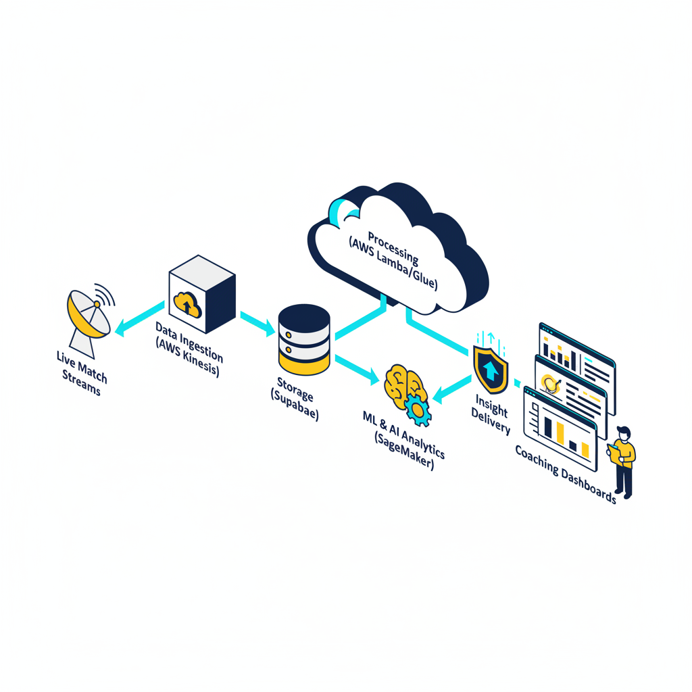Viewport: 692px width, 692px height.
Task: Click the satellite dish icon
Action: click(89, 318)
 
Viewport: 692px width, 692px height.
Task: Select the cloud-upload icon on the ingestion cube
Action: click(187, 305)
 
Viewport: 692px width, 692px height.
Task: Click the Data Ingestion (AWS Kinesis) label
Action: click(189, 348)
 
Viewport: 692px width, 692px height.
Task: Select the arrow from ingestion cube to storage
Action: click(257, 322)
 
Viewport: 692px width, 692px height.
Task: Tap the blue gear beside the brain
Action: click(419, 410)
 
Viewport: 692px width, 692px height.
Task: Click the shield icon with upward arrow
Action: click(491, 368)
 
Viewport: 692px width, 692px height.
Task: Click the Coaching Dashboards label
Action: click(565, 473)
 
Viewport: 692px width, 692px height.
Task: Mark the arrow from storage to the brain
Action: click(357, 369)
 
